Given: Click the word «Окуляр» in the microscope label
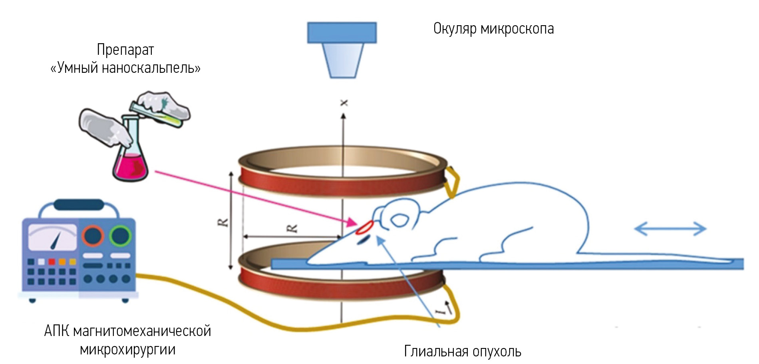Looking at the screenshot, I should pos(455,29).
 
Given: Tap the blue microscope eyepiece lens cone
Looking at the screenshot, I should pos(342,60).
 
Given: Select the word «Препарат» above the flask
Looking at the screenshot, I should pos(125,50).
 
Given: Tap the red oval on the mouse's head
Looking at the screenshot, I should pos(364,227).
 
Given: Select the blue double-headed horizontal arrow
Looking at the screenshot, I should pos(670,229).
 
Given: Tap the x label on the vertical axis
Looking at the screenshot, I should pos(344,103).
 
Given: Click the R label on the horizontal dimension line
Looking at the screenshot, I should pos(292,228).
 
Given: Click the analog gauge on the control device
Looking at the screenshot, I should pos(52,237).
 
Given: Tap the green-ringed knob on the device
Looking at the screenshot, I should pos(120,236).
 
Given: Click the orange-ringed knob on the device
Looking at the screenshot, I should pos(93,236).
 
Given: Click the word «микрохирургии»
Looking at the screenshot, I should pos(127,350).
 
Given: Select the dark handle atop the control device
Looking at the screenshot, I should pos(79,205).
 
